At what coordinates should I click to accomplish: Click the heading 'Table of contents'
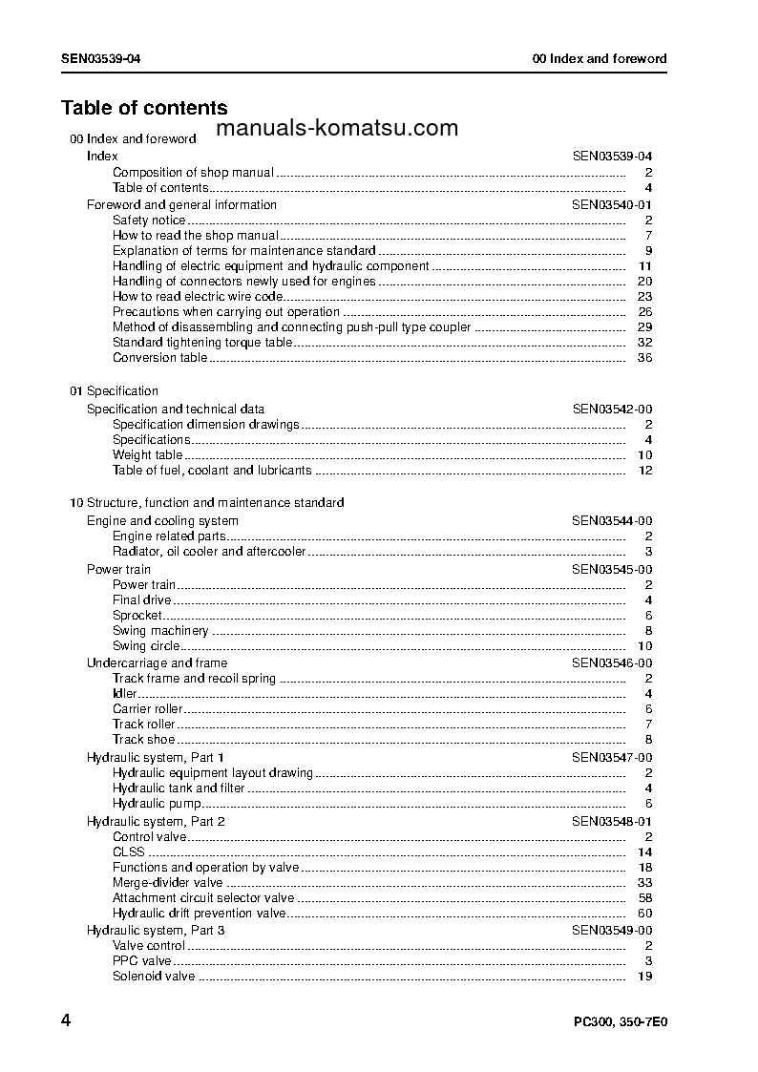coord(144,108)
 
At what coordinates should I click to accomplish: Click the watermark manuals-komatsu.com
coord(337,129)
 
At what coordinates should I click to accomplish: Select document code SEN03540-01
coord(612,204)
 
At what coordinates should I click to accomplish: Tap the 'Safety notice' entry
coord(149,221)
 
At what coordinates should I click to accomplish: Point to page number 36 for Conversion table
coord(644,358)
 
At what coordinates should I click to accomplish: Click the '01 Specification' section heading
coord(114,391)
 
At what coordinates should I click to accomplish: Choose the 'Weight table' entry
coord(147,455)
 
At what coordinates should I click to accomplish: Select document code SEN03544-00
coord(612,521)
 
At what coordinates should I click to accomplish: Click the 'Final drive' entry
coord(141,600)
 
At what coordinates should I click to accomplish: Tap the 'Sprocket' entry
coord(137,616)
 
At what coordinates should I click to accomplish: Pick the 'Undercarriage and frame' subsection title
coord(157,663)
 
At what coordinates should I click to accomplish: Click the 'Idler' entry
coord(125,694)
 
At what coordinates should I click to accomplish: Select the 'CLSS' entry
coord(129,852)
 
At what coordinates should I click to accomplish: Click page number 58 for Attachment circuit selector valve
coord(644,898)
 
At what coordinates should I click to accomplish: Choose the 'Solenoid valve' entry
coord(154,977)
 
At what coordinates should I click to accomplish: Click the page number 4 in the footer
coord(66,1020)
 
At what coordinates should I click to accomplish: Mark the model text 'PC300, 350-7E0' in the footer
coord(620,1021)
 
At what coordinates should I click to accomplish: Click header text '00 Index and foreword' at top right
coord(599,59)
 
